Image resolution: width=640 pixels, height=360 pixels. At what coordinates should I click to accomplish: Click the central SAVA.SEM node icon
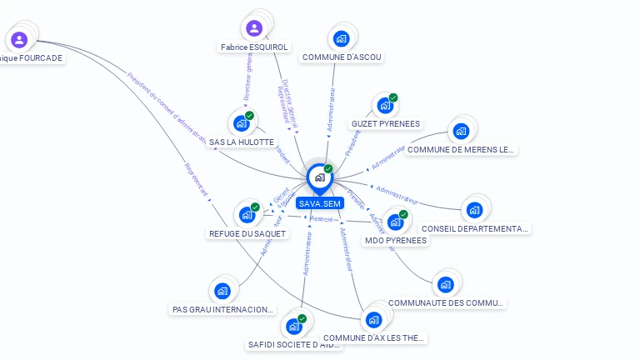pos(319,177)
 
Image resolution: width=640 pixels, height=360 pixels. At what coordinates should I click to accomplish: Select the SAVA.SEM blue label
pos(320,203)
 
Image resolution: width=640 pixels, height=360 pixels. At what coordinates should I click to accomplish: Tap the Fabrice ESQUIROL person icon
pos(254,28)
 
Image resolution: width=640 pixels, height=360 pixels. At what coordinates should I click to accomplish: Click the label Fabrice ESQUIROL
pos(254,47)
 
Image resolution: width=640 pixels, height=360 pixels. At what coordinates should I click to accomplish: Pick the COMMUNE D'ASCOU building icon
pos(341,38)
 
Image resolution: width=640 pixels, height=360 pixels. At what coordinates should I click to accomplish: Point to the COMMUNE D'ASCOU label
pos(342,57)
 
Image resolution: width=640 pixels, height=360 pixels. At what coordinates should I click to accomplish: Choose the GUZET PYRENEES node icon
pos(384,105)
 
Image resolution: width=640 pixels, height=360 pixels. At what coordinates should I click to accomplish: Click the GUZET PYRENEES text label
pos(386,124)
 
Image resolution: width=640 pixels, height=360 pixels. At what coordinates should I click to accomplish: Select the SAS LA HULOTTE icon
pos(242,123)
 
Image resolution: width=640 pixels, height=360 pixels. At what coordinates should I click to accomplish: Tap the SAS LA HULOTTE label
pos(242,142)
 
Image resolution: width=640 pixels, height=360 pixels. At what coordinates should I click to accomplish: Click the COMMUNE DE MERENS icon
pos(460,131)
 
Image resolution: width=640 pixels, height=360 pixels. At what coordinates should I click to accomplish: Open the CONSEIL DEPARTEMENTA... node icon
pos(474,210)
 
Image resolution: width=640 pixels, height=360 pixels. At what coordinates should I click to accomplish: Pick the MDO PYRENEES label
pos(396,241)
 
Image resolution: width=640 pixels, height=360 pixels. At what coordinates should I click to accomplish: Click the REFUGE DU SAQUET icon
pos(247,215)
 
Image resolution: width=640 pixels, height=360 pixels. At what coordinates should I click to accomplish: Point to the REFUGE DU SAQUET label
pos(247,234)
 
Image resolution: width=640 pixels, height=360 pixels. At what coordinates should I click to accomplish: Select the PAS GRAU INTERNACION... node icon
pos(222,291)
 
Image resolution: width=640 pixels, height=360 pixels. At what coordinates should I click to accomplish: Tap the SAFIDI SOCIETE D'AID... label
pos(295,344)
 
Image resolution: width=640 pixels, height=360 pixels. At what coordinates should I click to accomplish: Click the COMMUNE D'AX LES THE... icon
pos(373,319)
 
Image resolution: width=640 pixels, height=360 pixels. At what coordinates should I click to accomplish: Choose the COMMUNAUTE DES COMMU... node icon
pos(446,284)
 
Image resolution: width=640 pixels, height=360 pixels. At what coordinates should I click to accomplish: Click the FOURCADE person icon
pos(19,39)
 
